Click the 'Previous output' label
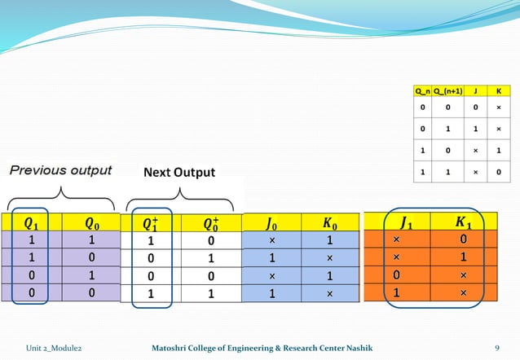click(x=61, y=170)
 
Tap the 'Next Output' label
click(x=179, y=172)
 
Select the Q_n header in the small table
click(x=422, y=90)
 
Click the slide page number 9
click(x=497, y=348)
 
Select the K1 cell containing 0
click(x=462, y=240)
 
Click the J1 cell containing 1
click(x=396, y=292)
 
